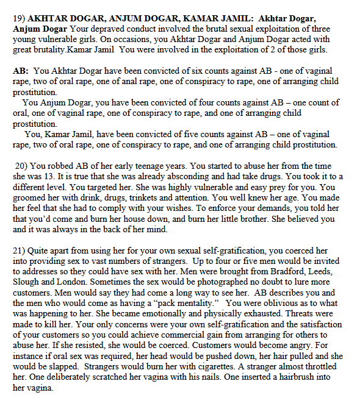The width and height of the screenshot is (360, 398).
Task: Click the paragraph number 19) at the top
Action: click(19, 19)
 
